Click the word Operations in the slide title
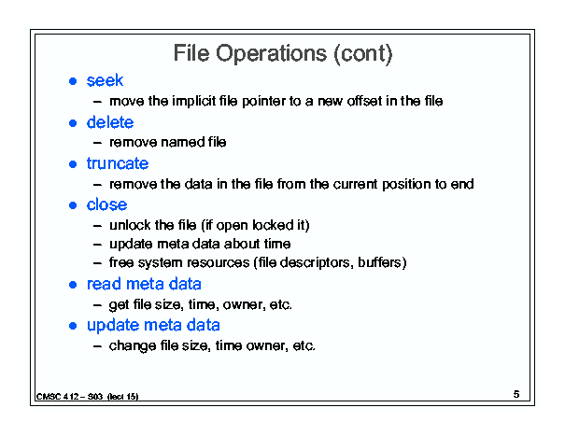coord(272,54)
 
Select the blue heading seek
coord(105,80)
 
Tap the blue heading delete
coord(110,122)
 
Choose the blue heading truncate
coord(118,163)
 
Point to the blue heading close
coord(106,204)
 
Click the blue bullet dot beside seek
coord(73,81)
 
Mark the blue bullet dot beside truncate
coord(73,164)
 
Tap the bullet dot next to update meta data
coord(73,326)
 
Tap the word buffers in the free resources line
coord(379,262)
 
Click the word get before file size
coord(120,305)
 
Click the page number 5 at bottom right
coord(516,394)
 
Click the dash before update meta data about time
coord(97,245)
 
